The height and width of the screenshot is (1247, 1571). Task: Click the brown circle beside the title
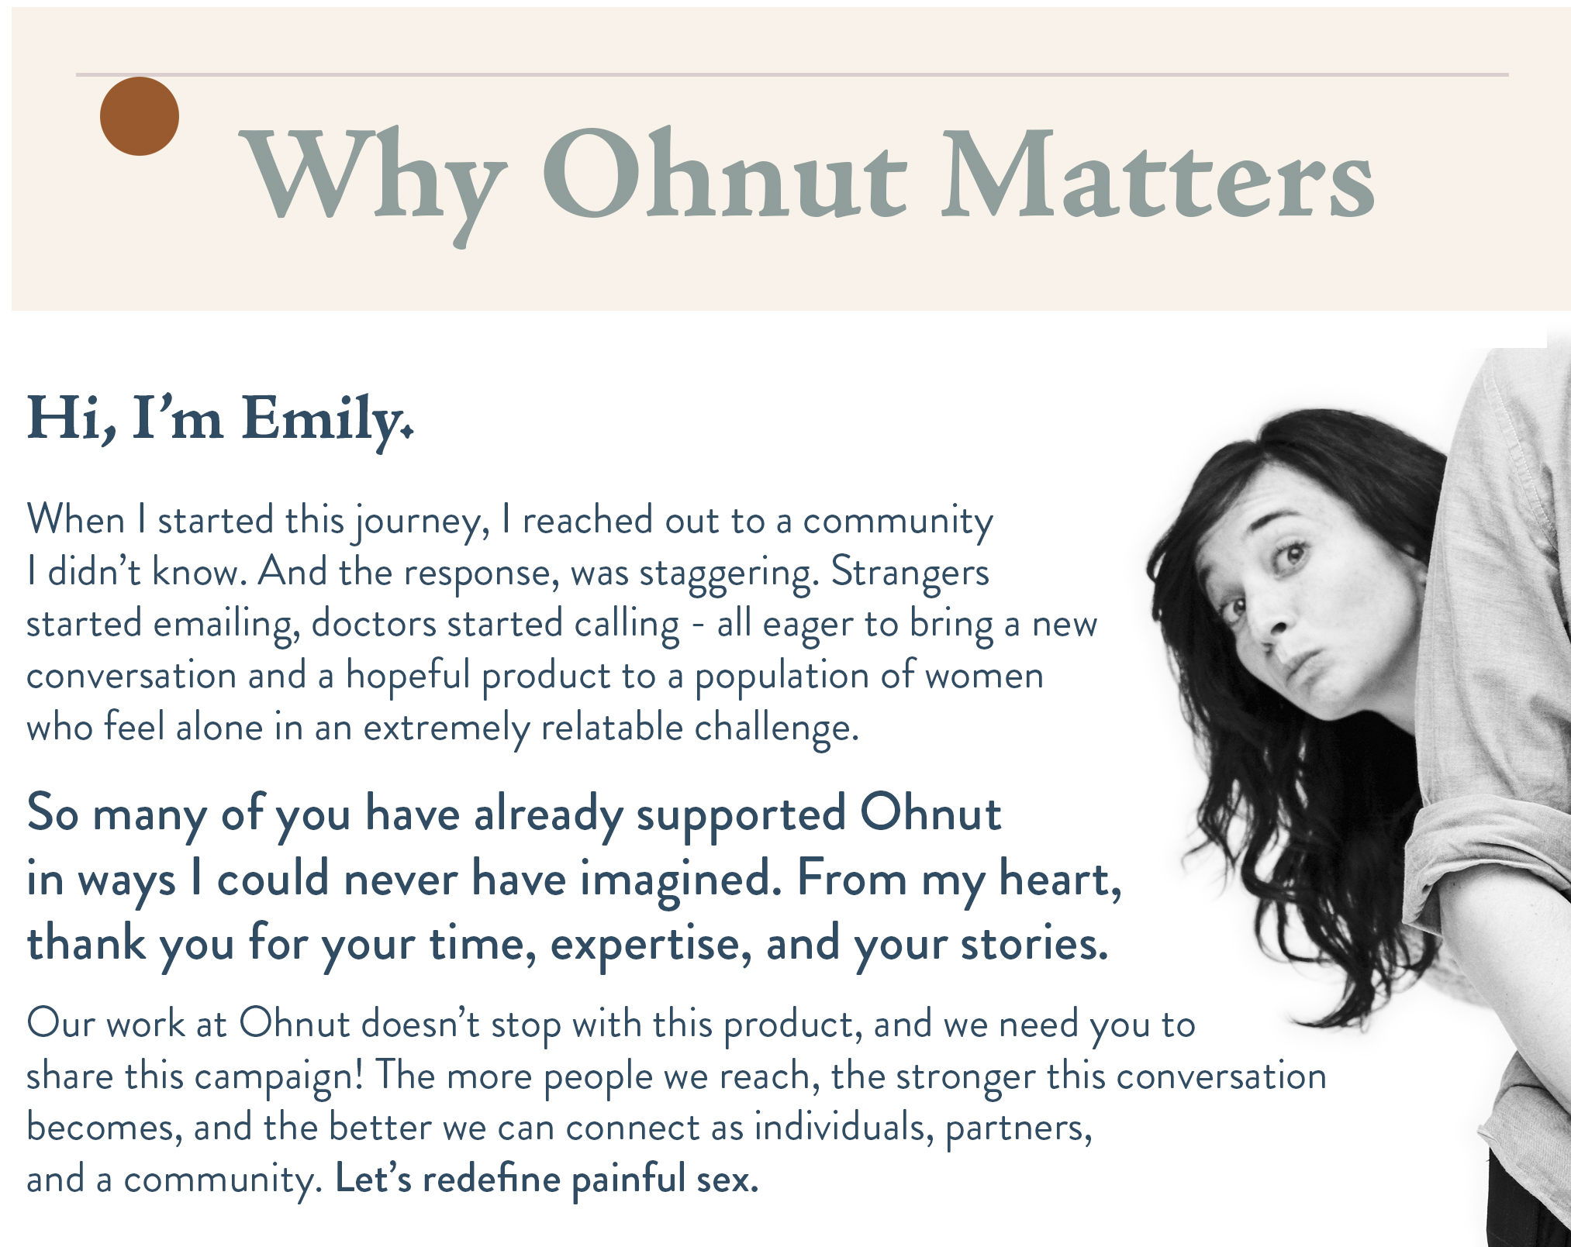140,116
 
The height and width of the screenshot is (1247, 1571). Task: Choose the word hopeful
408,676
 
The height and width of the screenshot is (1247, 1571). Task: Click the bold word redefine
492,1180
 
